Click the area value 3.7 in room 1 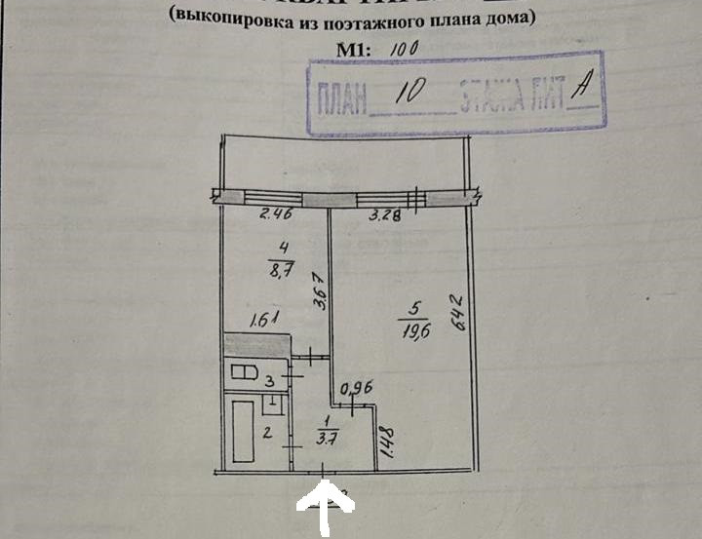(327, 436)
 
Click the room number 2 (266, 433)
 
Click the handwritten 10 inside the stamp (409, 93)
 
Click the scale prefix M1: (355, 48)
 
